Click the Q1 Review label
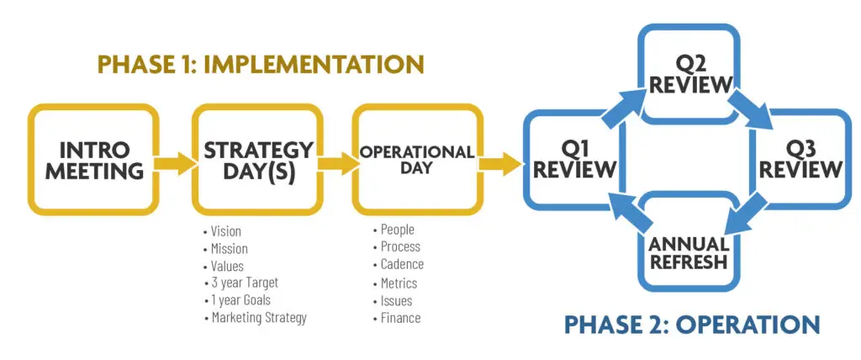tap(574, 160)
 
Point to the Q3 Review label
tap(800, 160)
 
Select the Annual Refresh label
tap(689, 252)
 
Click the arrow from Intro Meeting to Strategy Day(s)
tap(175, 163)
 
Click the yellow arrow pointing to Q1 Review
tap(500, 163)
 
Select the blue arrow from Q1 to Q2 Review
tap(626, 107)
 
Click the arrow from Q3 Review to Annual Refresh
tap(747, 214)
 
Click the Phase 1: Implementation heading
tap(261, 64)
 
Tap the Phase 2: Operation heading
tap(692, 324)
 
